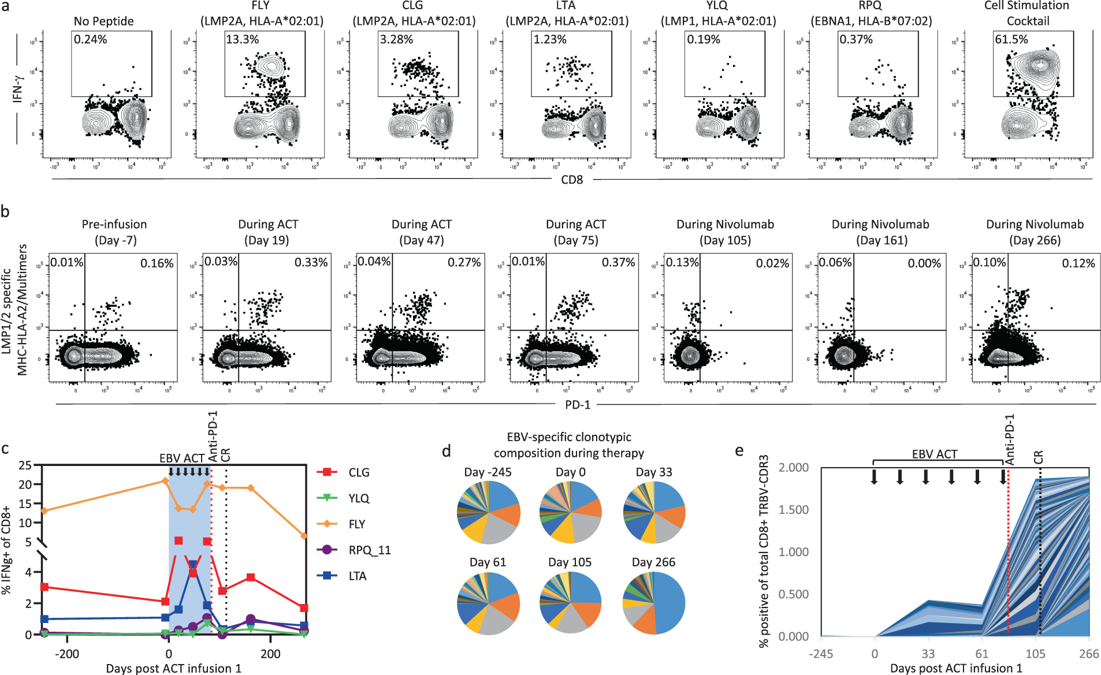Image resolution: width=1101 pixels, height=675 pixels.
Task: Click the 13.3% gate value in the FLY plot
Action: pyautogui.click(x=242, y=40)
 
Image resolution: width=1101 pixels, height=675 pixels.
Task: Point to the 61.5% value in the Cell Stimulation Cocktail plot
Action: pyautogui.click(x=1011, y=40)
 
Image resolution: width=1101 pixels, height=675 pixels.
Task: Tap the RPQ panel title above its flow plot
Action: pyautogui.click(x=871, y=13)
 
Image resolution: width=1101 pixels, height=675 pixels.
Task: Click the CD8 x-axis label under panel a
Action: pyautogui.click(x=572, y=180)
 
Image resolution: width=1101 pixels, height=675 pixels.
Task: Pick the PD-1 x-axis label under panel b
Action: pyautogui.click(x=578, y=405)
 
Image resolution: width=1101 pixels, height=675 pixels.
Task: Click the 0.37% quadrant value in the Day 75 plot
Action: pyautogui.click(x=618, y=263)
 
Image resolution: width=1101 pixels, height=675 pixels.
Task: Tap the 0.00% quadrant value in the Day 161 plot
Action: pyautogui.click(x=924, y=263)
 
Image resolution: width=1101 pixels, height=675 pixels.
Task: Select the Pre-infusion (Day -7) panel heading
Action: pyautogui.click(x=114, y=232)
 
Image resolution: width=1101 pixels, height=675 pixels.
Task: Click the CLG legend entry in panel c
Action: pyautogui.click(x=359, y=472)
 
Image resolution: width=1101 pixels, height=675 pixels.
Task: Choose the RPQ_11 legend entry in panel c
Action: pyautogui.click(x=370, y=550)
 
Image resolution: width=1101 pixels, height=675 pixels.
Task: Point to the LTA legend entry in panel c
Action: pyautogui.click(x=358, y=576)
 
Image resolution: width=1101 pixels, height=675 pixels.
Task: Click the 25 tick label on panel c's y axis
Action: pyautogui.click(x=25, y=465)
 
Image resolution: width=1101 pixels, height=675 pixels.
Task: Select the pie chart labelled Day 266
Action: pyautogui.click(x=654, y=603)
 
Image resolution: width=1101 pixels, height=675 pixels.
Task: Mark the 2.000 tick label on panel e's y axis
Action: pyautogui.click(x=794, y=467)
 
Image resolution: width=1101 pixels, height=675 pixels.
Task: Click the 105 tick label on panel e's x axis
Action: pyautogui.click(x=1035, y=654)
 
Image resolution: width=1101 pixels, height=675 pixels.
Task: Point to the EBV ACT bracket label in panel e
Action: pyautogui.click(x=934, y=454)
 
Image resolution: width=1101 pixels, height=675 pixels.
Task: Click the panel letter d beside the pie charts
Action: pyautogui.click(x=446, y=452)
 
